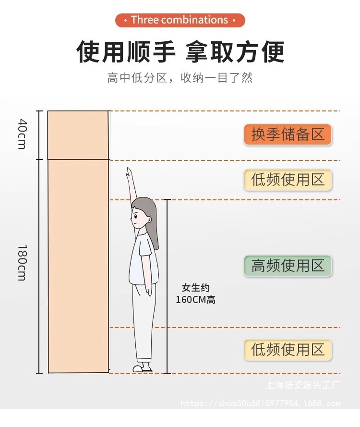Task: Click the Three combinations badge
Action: pos(180,20)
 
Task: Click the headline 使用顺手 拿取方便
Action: pos(180,52)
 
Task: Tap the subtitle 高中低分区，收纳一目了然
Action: pos(180,78)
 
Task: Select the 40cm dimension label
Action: pos(22,134)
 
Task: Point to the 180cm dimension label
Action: pos(22,263)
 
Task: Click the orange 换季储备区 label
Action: pos(288,134)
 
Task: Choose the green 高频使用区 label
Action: pos(288,265)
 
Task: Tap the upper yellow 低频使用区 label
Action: pos(288,180)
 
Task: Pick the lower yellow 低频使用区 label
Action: pos(288,350)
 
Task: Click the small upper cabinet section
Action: pos(78,135)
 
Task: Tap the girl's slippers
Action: pos(143,368)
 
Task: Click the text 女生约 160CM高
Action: pos(195,294)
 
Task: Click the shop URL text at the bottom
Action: pos(260,403)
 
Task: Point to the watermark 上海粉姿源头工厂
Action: pos(303,385)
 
